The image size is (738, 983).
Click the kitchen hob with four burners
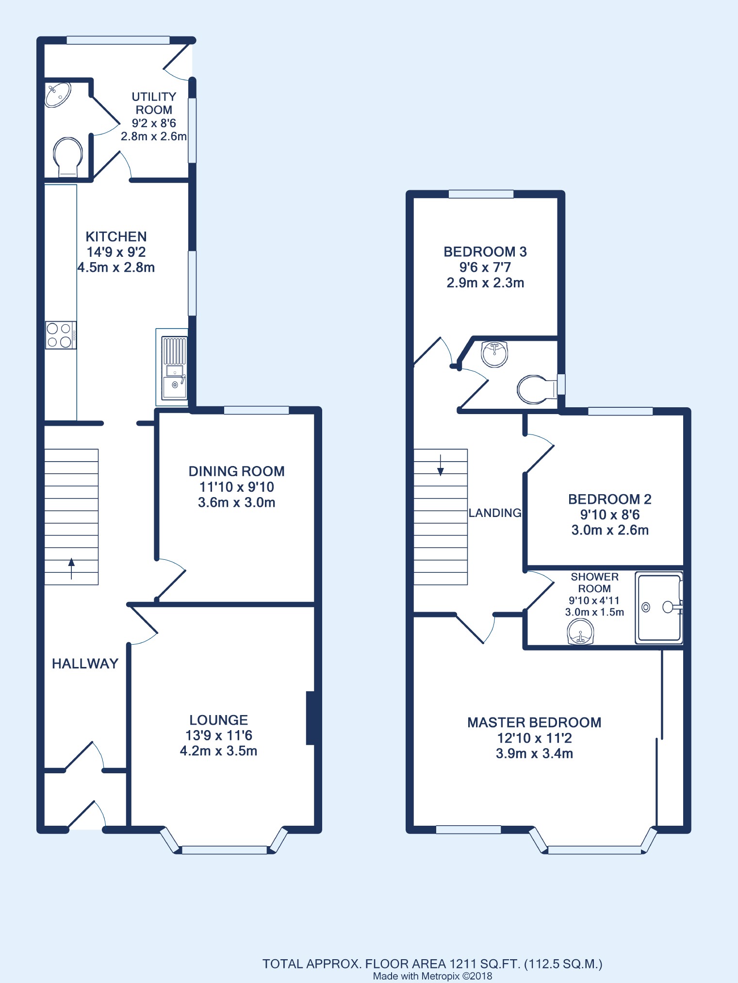pyautogui.click(x=61, y=335)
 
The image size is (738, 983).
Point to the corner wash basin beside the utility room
pyautogui.click(x=57, y=94)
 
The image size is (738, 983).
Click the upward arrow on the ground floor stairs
pyautogui.click(x=71, y=568)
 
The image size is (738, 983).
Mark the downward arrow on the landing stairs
pyautogui.click(x=441, y=465)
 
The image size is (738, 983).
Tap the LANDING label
pyautogui.click(x=495, y=513)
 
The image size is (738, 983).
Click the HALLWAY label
pyautogui.click(x=85, y=664)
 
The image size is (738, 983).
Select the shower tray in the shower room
pyautogui.click(x=659, y=608)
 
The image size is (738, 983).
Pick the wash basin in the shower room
pyautogui.click(x=580, y=633)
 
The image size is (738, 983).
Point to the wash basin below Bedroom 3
pyautogui.click(x=494, y=354)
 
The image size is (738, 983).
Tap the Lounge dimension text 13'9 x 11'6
pyautogui.click(x=219, y=735)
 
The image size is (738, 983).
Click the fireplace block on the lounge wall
pyautogui.click(x=311, y=717)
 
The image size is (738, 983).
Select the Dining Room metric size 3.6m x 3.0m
pyautogui.click(x=237, y=502)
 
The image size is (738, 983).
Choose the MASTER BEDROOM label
pyautogui.click(x=534, y=722)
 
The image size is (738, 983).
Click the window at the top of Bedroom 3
pyautogui.click(x=481, y=195)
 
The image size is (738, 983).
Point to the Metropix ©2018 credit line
pyautogui.click(x=432, y=976)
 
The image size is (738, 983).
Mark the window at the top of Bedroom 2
pyautogui.click(x=620, y=412)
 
